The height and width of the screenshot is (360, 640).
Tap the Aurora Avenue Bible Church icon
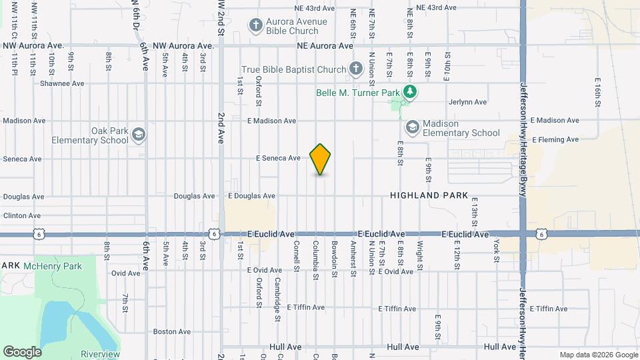[x=255, y=26]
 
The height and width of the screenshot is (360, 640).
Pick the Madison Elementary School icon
[x=412, y=127]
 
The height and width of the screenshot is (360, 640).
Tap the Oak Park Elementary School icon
[x=139, y=135]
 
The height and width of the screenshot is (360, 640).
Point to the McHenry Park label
[x=52, y=266]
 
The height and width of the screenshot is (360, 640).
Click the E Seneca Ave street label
[x=278, y=159]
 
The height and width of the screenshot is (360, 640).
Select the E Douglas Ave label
[x=251, y=196]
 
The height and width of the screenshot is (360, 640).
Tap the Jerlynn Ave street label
[x=468, y=102]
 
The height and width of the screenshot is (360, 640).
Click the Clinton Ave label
[x=22, y=216]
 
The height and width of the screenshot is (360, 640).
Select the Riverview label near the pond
[x=100, y=353]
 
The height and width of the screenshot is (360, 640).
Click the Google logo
[x=22, y=352]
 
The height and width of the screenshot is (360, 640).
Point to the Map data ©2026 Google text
[x=598, y=355]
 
